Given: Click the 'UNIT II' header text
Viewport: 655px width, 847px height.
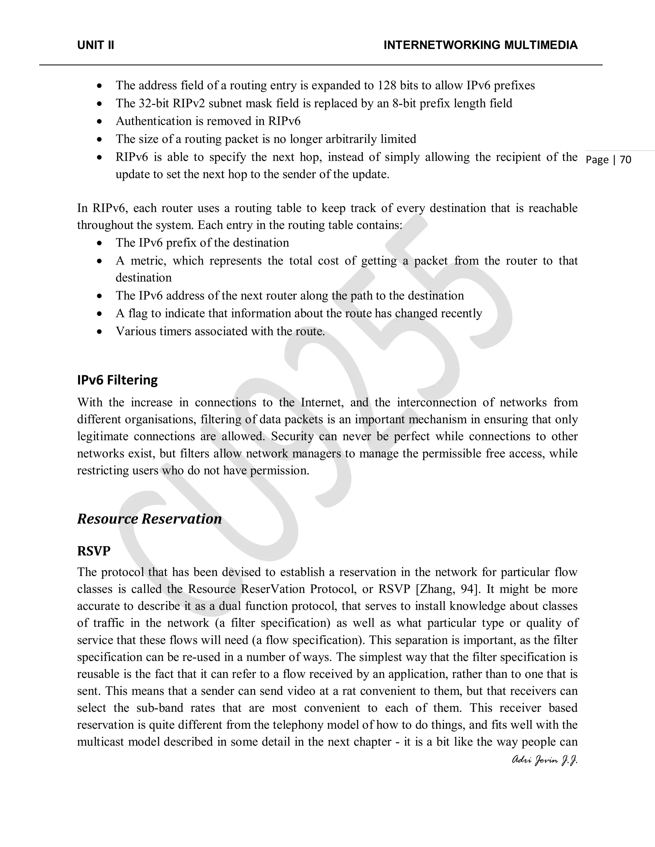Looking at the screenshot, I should [95, 45].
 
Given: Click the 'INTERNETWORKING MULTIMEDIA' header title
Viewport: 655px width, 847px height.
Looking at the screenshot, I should [480, 45].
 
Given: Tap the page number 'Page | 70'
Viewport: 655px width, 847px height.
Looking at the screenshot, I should [608, 160].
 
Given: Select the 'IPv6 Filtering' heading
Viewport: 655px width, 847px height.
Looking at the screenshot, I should [117, 380].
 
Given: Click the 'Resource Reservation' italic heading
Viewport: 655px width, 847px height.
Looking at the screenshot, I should [149, 518].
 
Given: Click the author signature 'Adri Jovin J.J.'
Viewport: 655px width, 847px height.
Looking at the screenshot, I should [544, 761].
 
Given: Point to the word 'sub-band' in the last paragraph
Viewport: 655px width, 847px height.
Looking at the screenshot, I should [160, 708].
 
